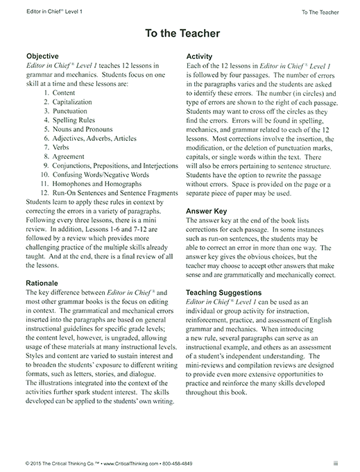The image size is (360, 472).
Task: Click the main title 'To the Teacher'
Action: coord(180,33)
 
